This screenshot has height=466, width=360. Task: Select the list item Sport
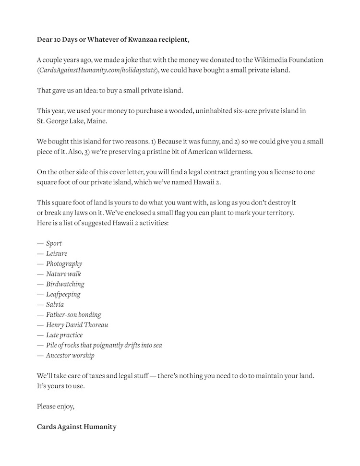click(x=54, y=243)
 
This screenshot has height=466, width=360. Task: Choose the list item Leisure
click(x=57, y=253)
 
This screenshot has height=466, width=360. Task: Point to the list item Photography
click(x=64, y=263)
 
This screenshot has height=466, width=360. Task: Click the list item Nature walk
click(x=63, y=274)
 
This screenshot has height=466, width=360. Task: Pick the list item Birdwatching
click(x=65, y=284)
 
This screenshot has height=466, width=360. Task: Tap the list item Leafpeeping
click(x=63, y=294)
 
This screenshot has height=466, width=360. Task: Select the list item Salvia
click(x=55, y=305)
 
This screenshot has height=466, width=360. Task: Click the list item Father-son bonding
click(x=73, y=315)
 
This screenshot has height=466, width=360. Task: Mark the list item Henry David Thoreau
click(x=77, y=325)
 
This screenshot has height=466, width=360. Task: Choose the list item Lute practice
click(x=64, y=335)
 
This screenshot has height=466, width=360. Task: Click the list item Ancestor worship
click(x=70, y=356)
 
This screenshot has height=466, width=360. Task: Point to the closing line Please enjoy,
click(x=56, y=406)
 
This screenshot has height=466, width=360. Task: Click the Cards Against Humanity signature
click(x=76, y=427)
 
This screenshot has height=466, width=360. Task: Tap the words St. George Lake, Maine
click(x=72, y=121)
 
